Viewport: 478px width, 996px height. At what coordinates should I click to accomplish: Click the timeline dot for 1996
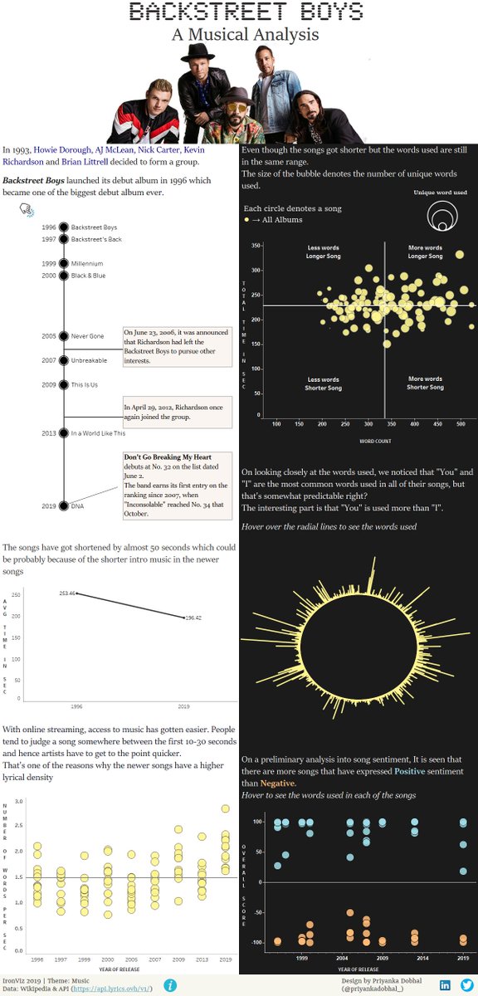(x=62, y=227)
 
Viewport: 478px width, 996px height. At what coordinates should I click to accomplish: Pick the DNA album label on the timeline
(x=78, y=505)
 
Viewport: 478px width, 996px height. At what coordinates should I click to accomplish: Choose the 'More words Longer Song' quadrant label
(x=425, y=251)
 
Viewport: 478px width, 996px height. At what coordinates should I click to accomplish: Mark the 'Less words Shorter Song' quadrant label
(x=324, y=383)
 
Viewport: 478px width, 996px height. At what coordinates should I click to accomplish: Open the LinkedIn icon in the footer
(x=445, y=984)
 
